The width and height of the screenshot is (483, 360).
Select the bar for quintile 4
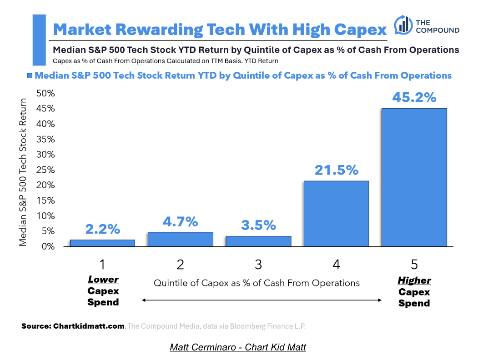(x=336, y=214)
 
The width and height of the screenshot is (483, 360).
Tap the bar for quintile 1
(x=102, y=243)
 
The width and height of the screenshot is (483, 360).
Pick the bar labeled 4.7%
(x=181, y=239)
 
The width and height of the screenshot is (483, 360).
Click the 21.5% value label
(x=336, y=170)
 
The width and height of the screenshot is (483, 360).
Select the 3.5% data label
(x=258, y=225)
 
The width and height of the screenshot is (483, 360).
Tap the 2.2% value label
(x=102, y=229)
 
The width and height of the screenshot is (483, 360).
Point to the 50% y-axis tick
(x=45, y=93)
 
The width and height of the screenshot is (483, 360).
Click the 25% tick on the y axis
(x=45, y=170)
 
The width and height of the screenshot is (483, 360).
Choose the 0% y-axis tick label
(x=47, y=247)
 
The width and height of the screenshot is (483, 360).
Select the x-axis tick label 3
(x=258, y=264)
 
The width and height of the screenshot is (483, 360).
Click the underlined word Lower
(x=103, y=280)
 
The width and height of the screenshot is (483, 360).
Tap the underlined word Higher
(x=414, y=280)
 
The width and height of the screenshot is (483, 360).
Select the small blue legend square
(x=30, y=76)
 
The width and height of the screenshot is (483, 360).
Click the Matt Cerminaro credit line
(x=238, y=347)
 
